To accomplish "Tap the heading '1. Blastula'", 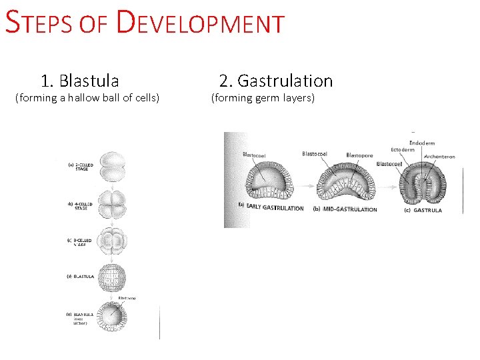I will (x=79, y=81).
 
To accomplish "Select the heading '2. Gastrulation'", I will (x=275, y=81).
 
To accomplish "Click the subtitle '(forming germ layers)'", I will (x=263, y=99).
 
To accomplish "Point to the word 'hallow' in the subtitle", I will (x=101, y=99).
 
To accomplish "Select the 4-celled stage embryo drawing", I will (x=111, y=202).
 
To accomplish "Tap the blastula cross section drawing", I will (x=110, y=316).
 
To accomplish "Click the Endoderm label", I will (x=421, y=143).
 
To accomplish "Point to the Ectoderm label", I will (x=402, y=150).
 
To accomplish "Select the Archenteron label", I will (x=439, y=157).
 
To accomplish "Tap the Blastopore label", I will (x=359, y=155).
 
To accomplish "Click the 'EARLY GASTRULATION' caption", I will (x=275, y=208).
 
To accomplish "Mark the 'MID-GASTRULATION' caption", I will (x=350, y=209).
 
